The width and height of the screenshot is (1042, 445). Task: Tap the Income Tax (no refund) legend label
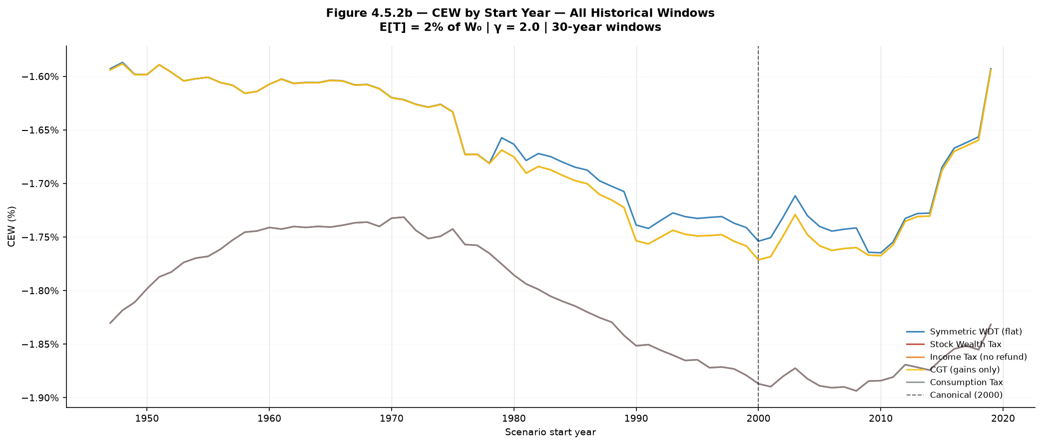pos(978,357)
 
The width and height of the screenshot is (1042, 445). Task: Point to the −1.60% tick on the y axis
pos(40,76)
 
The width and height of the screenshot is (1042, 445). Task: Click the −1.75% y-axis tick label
pos(40,237)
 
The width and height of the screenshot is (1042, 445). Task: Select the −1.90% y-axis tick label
pos(40,398)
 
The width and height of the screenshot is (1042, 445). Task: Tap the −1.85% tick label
pos(40,344)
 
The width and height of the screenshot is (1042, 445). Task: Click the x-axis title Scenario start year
pos(550,432)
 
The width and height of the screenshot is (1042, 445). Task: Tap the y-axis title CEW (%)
pos(11,226)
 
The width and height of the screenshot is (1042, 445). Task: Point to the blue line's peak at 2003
pos(795,195)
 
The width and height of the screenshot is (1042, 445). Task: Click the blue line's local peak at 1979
pos(502,137)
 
